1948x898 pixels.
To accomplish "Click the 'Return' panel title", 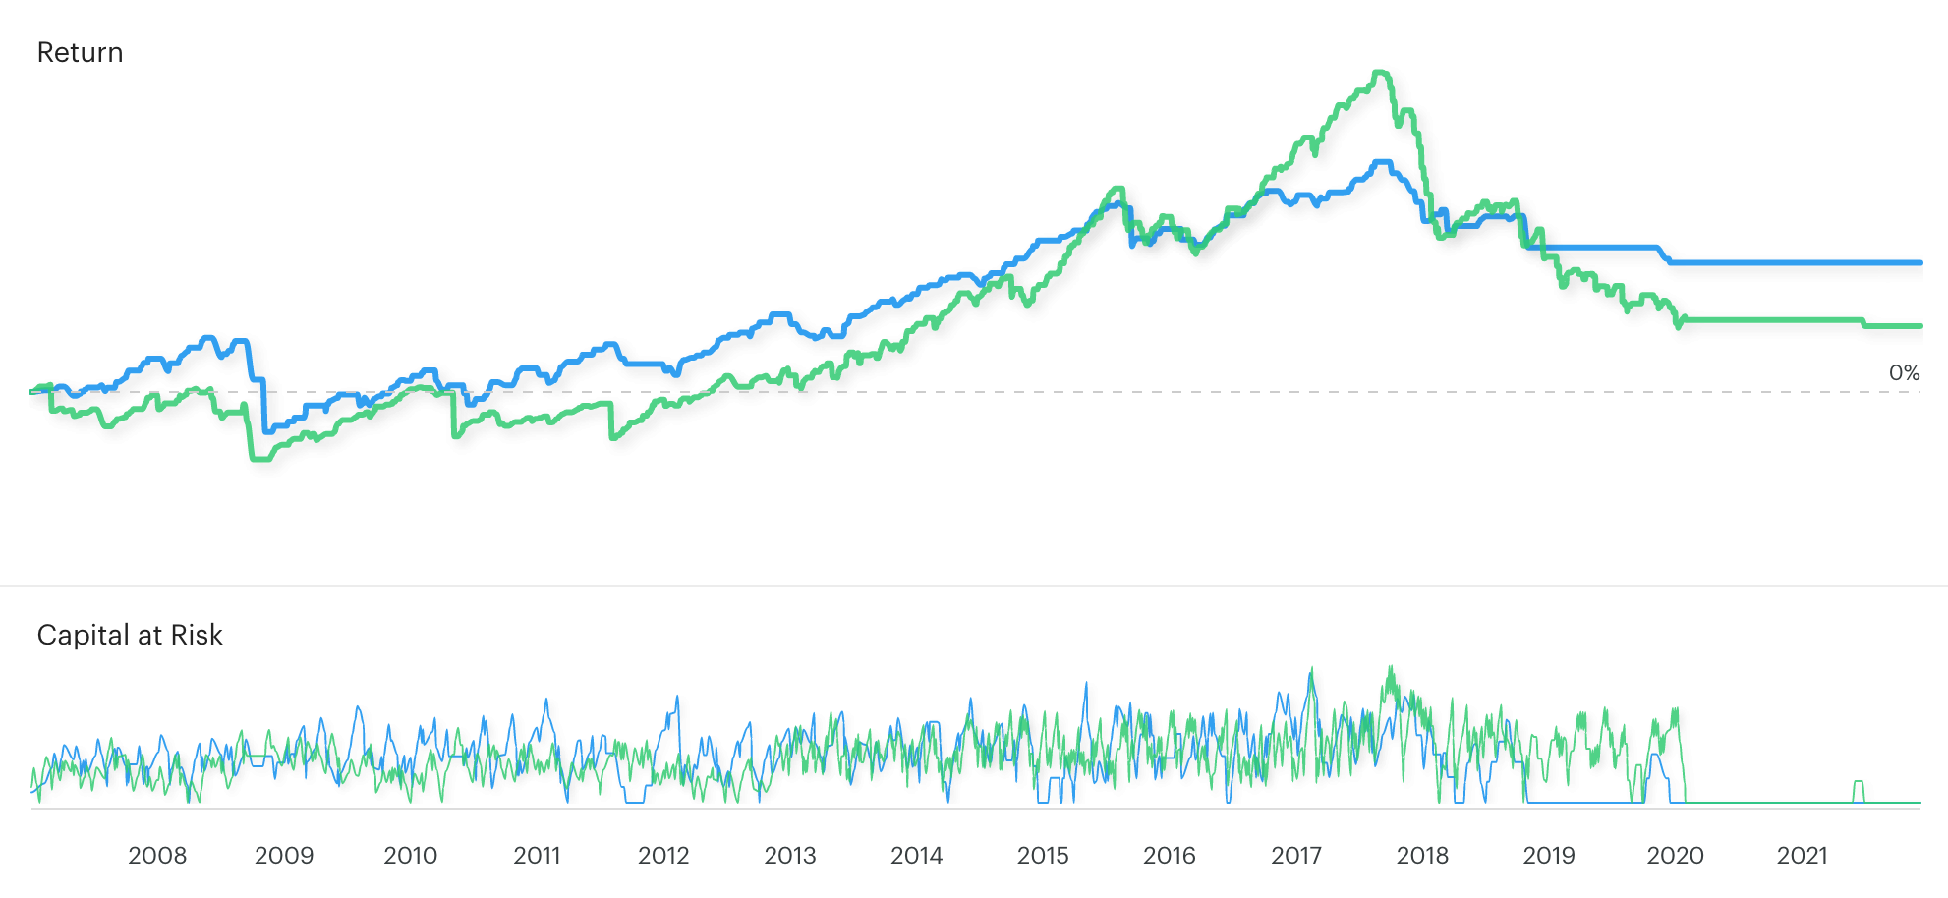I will point(80,52).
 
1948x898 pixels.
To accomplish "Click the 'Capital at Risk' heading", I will point(130,635).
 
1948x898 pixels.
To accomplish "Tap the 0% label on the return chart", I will point(1904,373).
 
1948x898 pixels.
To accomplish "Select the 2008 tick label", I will point(157,856).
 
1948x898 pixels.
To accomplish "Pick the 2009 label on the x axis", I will point(284,856).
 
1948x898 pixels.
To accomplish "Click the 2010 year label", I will point(411,856).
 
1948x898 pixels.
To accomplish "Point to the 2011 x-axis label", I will point(537,856).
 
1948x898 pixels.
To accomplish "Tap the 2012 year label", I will point(663,856).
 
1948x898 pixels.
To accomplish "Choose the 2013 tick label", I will point(790,856).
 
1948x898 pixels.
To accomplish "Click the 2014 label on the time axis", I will point(916,856).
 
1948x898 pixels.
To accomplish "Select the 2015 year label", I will point(1043,856).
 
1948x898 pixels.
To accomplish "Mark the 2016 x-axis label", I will point(1170,856).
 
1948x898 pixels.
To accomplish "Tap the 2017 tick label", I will point(1296,856).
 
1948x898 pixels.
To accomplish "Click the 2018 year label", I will point(1422,856).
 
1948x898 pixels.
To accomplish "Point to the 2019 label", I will point(1549,856).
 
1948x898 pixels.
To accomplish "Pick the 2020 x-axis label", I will point(1676,856).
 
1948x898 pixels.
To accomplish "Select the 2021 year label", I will point(1802,856).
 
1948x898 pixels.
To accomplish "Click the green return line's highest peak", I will point(1381,72).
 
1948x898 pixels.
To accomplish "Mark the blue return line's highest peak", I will point(1383,162).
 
